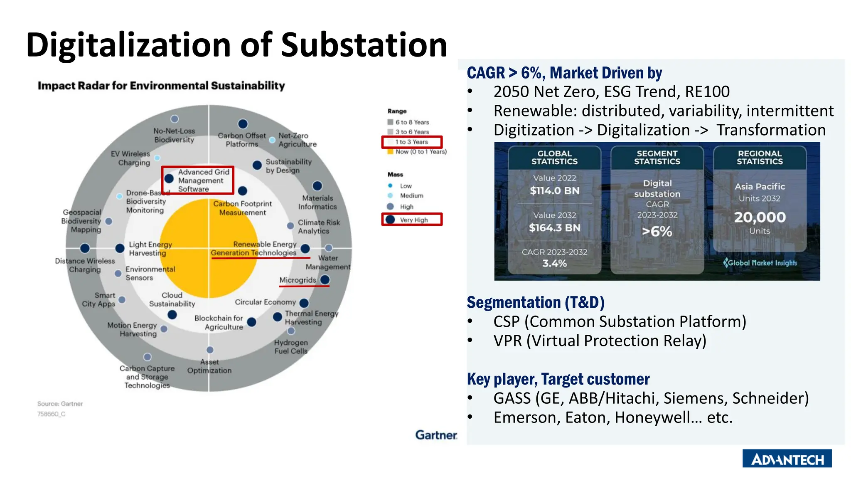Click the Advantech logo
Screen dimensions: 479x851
coord(787,459)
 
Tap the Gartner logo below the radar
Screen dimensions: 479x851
coord(436,435)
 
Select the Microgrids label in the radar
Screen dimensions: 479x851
coord(298,280)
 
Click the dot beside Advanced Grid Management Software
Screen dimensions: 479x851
coord(169,179)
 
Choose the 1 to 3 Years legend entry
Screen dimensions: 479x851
coord(411,142)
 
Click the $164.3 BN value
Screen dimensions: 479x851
coord(554,228)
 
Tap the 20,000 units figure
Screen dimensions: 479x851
coord(760,217)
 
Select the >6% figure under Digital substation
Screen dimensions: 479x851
coord(657,231)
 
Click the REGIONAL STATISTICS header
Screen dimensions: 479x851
coord(760,158)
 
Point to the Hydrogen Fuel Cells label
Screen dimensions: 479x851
coord(291,347)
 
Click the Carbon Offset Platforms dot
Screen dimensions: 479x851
coord(243,124)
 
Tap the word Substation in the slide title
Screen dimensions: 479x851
coord(364,45)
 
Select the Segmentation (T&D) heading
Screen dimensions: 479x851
coord(535,302)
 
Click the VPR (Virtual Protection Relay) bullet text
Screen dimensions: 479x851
coord(600,341)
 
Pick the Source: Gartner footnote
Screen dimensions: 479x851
coord(60,404)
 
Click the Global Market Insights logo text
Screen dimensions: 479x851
coord(762,263)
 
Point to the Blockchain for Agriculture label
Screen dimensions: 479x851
coord(219,323)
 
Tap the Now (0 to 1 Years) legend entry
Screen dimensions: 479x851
coord(421,152)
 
